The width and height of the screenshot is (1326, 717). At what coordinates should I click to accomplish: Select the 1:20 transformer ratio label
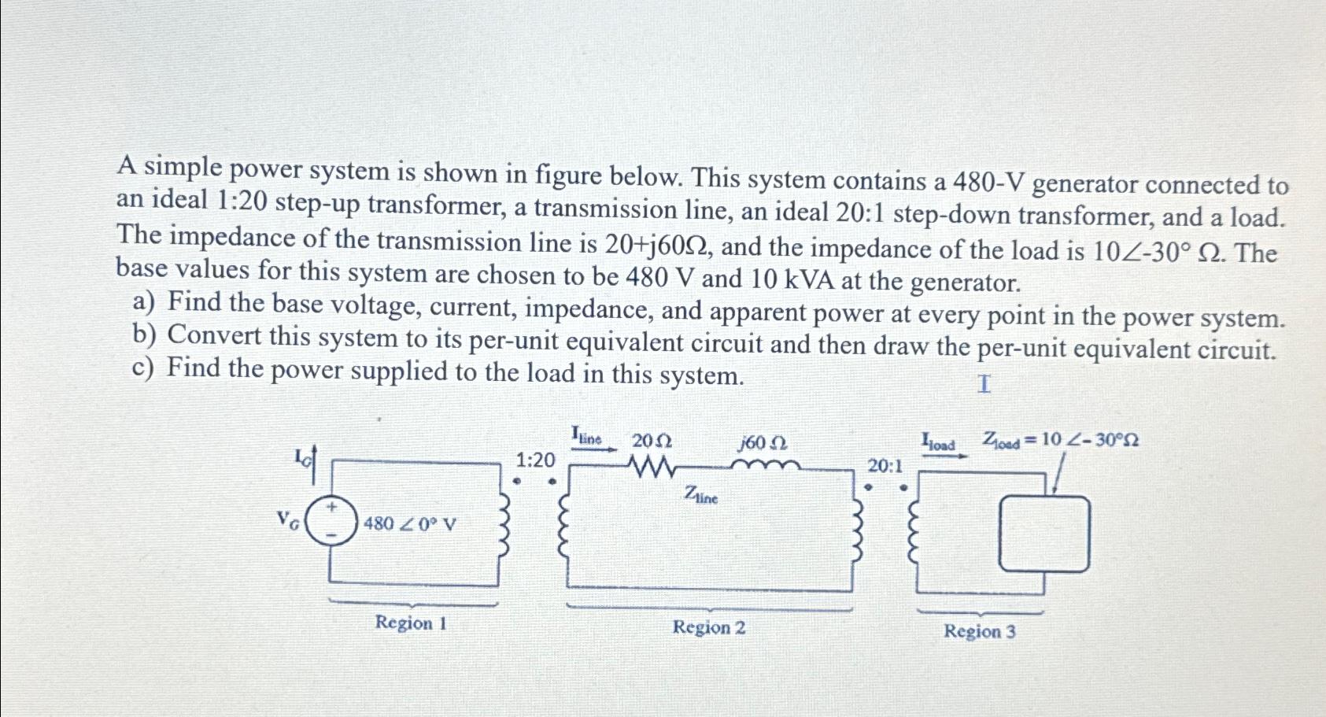point(535,460)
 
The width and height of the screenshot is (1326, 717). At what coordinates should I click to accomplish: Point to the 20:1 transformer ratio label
point(887,466)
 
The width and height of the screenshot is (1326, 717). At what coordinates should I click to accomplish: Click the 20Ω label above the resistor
point(652,441)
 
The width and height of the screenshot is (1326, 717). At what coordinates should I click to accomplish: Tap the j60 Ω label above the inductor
point(763,443)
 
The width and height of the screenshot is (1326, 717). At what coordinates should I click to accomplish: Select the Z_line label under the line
point(700,495)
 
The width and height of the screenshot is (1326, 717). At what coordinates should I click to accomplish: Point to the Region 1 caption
point(411,623)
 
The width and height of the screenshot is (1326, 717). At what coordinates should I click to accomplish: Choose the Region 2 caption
point(708,628)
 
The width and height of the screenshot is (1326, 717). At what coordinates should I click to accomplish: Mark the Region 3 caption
point(980,631)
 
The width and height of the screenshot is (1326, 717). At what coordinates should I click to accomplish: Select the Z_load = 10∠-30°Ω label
point(1059,441)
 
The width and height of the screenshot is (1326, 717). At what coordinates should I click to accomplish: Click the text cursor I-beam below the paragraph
point(984,385)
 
